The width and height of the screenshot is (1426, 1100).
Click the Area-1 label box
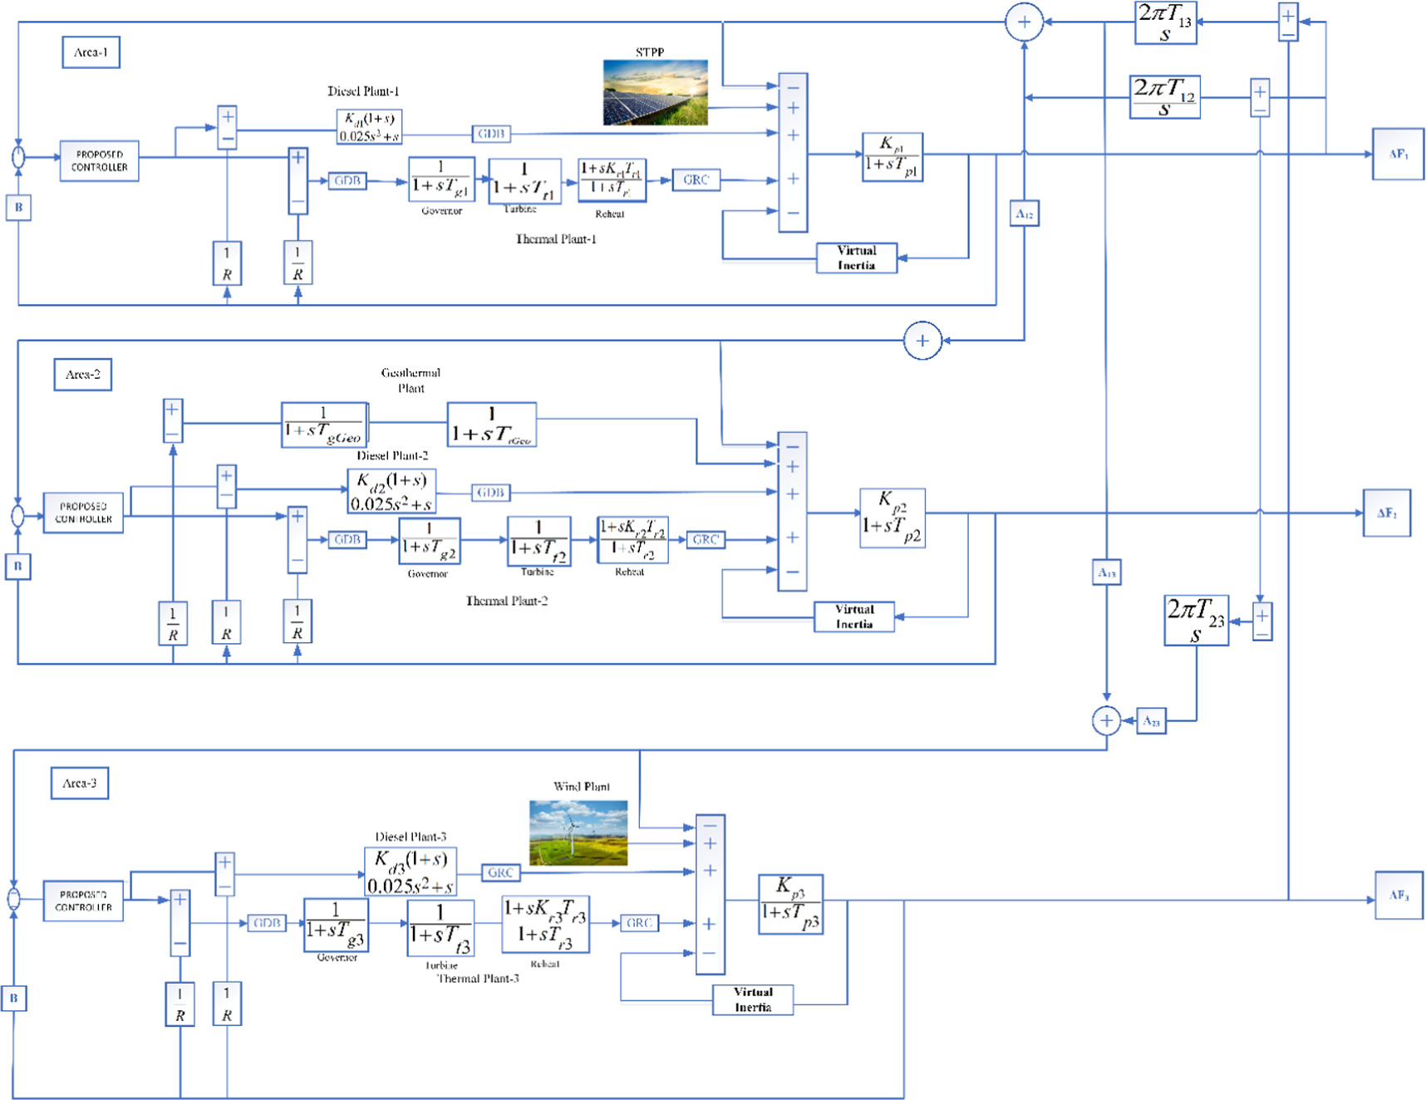[91, 52]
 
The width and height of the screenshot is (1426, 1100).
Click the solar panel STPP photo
[656, 92]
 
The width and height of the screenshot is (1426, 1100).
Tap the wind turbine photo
[578, 832]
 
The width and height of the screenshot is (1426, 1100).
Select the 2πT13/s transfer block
[1165, 22]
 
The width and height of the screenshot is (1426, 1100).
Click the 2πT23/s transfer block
[1196, 620]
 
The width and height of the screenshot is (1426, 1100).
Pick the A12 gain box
[1024, 214]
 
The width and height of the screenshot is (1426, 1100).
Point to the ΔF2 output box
[1386, 513]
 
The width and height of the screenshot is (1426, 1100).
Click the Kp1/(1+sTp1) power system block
[892, 156]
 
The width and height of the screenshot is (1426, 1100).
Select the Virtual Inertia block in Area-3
[752, 999]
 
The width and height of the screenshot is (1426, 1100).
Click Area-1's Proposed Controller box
[99, 160]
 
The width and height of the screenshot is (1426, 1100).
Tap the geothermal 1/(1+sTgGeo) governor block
[324, 425]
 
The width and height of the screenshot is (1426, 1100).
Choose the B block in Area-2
[17, 567]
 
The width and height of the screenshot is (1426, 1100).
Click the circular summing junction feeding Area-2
[922, 341]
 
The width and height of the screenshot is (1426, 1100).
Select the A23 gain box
[1151, 721]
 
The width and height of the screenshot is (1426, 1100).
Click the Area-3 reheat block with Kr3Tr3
[545, 924]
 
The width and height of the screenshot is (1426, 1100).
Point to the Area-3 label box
[79, 783]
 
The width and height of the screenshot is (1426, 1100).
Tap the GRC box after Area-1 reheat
[696, 180]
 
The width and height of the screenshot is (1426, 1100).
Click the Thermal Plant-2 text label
[506, 601]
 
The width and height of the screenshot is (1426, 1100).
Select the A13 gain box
[1106, 572]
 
